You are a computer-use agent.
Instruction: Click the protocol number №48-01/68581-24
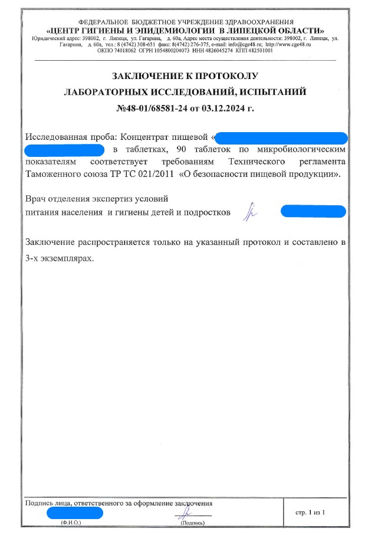(152, 109)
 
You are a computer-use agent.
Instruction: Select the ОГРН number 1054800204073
(166, 51)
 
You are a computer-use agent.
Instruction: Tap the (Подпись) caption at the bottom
(192, 523)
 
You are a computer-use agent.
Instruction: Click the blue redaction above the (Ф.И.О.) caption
(74, 513)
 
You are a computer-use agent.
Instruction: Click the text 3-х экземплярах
(59, 258)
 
